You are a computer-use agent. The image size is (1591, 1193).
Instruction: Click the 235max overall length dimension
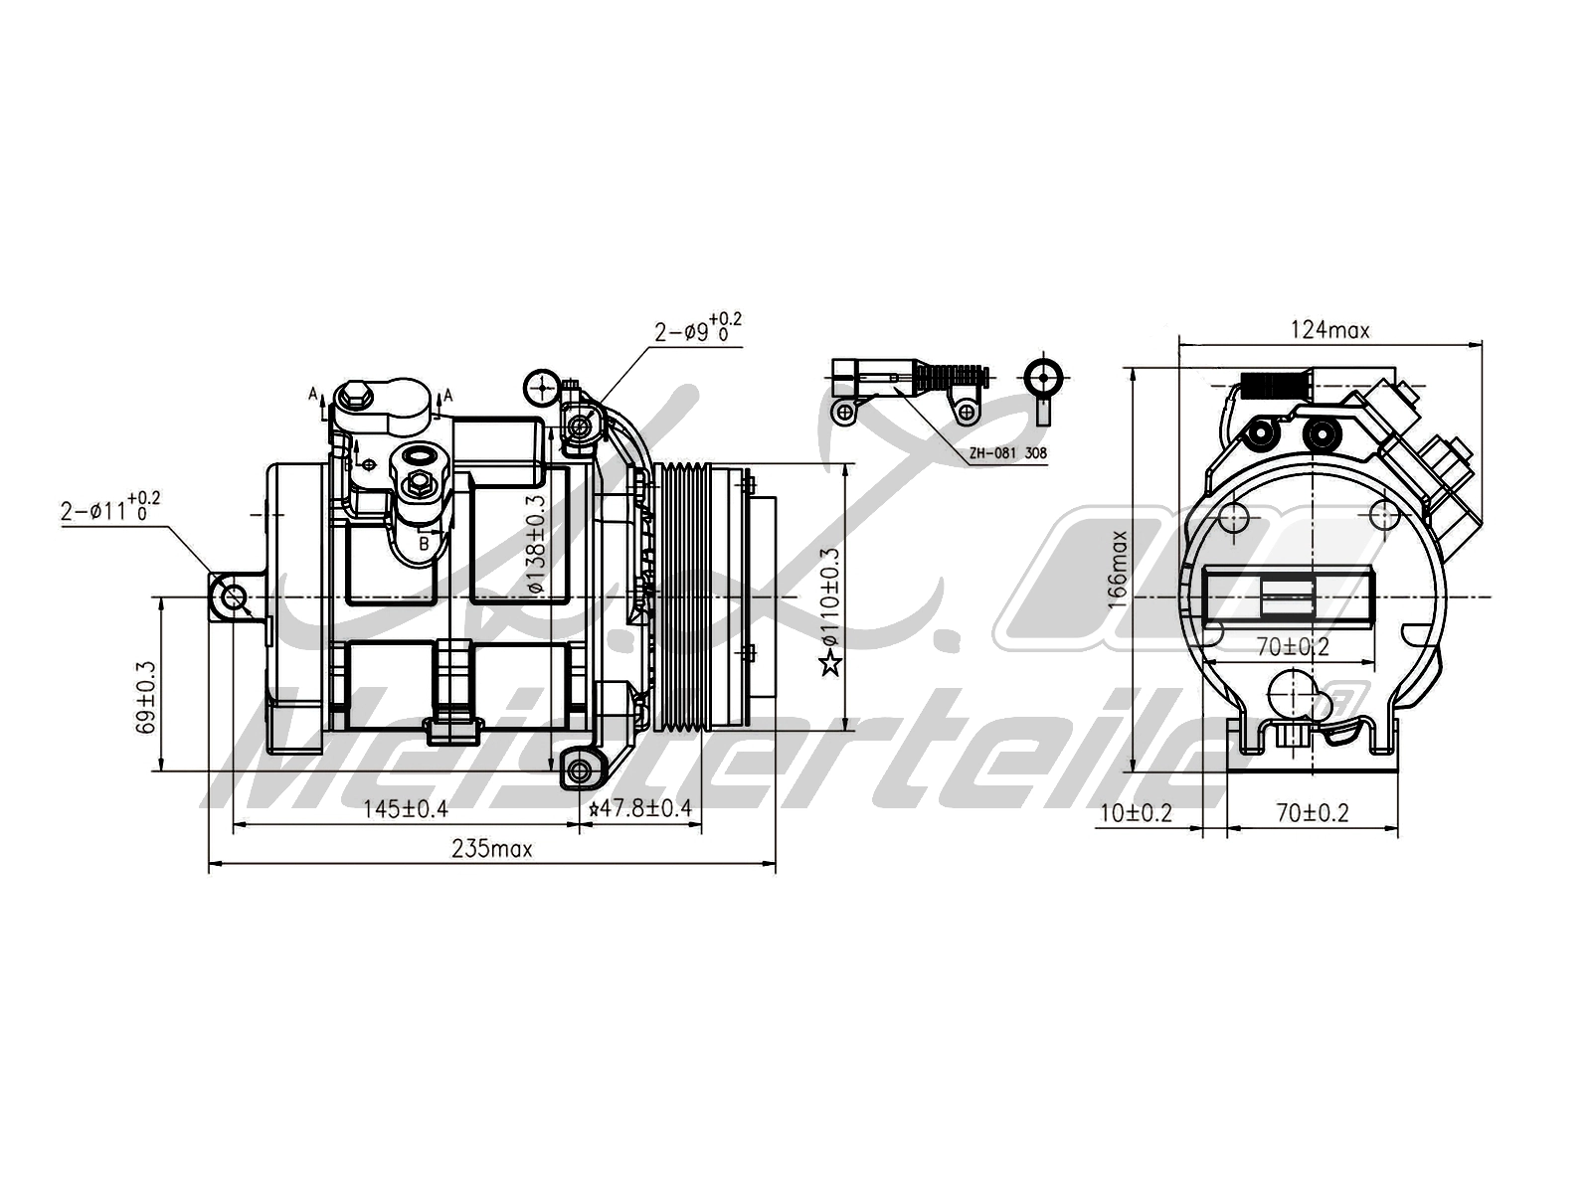coord(491,849)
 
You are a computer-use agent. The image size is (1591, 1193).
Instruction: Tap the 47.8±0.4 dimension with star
coord(640,809)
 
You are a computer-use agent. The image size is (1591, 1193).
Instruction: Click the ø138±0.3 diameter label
coord(537,545)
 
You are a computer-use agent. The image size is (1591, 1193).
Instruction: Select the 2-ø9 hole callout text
coord(696,329)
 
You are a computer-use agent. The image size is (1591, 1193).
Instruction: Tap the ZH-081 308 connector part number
coord(1007,453)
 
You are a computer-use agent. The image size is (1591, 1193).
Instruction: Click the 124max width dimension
coord(1329,330)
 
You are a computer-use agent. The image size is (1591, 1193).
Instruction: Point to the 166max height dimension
coord(1120,569)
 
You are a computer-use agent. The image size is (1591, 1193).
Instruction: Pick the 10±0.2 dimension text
coord(1136,813)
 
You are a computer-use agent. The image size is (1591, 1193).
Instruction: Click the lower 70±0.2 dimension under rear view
coord(1312,813)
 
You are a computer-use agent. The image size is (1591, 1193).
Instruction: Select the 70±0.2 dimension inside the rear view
coord(1292,647)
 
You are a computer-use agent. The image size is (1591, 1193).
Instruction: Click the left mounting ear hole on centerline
coord(234,597)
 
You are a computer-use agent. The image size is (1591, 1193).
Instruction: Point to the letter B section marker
coord(423,544)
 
